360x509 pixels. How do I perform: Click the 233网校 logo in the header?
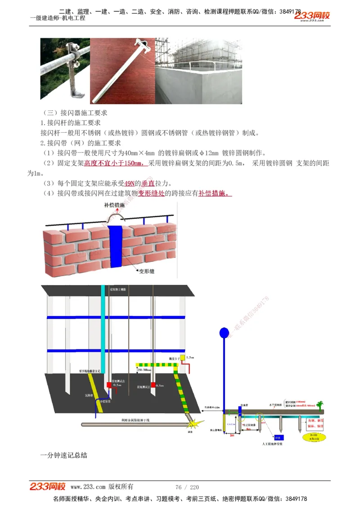pyautogui.click(x=312, y=16)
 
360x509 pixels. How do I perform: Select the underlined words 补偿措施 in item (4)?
pyautogui.click(x=214, y=194)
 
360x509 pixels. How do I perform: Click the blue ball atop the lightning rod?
pyautogui.click(x=224, y=333)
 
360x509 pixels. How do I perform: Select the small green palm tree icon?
pyautogui.click(x=320, y=405)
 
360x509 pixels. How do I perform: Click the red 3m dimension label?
pyautogui.click(x=232, y=435)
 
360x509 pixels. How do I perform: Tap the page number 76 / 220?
pyautogui.click(x=187, y=487)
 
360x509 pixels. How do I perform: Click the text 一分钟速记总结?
pyautogui.click(x=63, y=455)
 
